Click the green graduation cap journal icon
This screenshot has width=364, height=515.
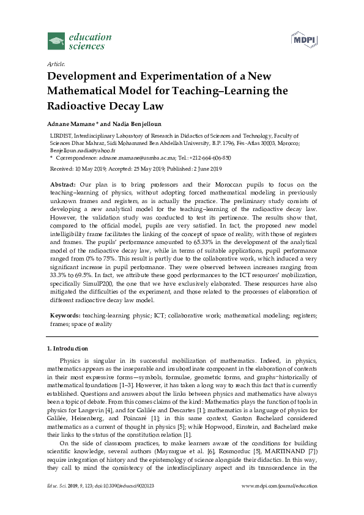pyautogui.click(x=56, y=42)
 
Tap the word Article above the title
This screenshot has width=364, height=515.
pyautogui.click(x=56, y=64)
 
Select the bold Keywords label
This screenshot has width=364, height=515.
pyautogui.click(x=64, y=314)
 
